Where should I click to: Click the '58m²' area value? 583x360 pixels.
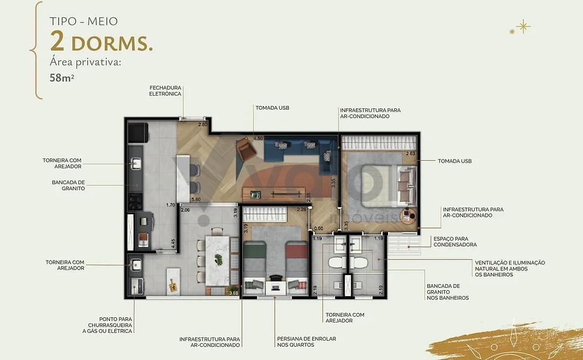62,78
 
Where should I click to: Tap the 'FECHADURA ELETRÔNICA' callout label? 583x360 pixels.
165,91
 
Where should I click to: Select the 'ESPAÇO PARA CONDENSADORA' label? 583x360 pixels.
455,242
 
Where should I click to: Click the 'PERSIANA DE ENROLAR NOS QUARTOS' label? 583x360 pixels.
306,342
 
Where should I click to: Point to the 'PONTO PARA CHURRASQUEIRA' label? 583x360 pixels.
108,325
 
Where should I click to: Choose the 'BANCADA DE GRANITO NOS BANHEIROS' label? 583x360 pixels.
448,292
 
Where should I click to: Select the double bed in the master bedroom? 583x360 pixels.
387,185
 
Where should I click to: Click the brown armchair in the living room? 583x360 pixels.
245,149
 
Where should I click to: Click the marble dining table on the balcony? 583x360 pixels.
218,261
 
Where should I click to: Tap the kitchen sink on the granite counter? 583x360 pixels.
136,163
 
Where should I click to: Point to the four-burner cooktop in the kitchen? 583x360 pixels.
135,202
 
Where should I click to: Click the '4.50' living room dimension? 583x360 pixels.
258,138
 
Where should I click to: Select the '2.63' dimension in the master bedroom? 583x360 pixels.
410,154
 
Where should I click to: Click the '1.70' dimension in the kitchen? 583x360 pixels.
170,205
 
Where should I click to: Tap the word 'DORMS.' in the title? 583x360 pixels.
112,43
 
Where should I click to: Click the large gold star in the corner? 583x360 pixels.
523,26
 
